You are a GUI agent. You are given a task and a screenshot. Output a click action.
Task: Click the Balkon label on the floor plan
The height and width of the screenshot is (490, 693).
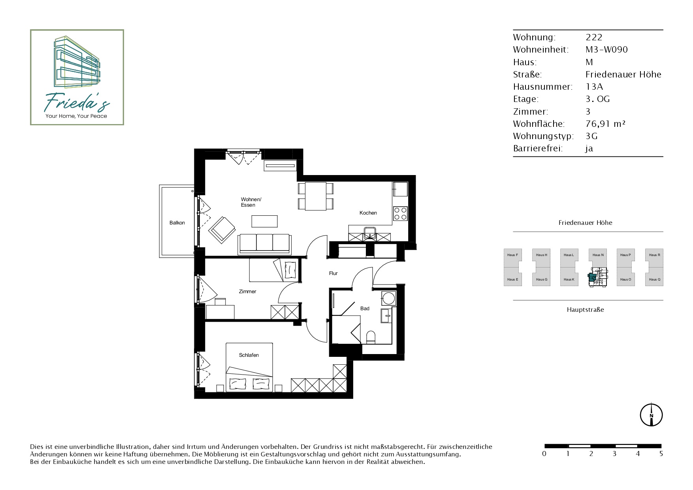tap(177, 223)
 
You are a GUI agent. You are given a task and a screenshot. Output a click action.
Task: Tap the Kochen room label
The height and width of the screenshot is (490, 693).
tap(368, 213)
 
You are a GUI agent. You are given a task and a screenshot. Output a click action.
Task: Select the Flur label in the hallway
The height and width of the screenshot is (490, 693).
tap(333, 273)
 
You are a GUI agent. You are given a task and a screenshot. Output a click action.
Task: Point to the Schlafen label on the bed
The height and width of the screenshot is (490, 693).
tap(249, 355)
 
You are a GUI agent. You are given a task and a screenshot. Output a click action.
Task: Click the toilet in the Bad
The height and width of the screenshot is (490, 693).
tap(371, 337)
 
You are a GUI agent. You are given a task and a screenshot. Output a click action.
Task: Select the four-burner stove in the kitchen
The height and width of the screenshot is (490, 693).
tap(400, 214)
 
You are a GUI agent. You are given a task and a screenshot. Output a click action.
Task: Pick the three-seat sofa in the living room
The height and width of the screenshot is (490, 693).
tap(264, 244)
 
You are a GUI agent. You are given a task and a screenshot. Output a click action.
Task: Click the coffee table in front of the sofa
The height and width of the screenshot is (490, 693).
tap(264, 221)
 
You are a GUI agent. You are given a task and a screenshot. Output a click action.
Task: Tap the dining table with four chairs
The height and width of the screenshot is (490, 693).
tap(316, 196)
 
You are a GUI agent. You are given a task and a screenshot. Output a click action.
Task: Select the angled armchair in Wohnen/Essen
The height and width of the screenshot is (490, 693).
tap(222, 230)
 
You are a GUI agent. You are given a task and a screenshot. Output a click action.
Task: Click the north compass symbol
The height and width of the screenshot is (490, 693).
tap(651, 415)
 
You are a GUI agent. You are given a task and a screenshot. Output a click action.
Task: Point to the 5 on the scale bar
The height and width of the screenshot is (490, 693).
tap(661, 454)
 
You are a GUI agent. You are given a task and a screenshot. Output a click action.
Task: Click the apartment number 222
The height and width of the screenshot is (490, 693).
tap(594, 38)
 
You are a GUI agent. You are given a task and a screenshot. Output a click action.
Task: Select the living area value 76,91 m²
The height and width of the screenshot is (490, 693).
tap(605, 124)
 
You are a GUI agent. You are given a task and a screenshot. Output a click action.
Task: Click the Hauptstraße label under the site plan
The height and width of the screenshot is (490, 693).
tap(586, 310)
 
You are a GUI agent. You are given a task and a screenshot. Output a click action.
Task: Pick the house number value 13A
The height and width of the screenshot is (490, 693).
tap(594, 87)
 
